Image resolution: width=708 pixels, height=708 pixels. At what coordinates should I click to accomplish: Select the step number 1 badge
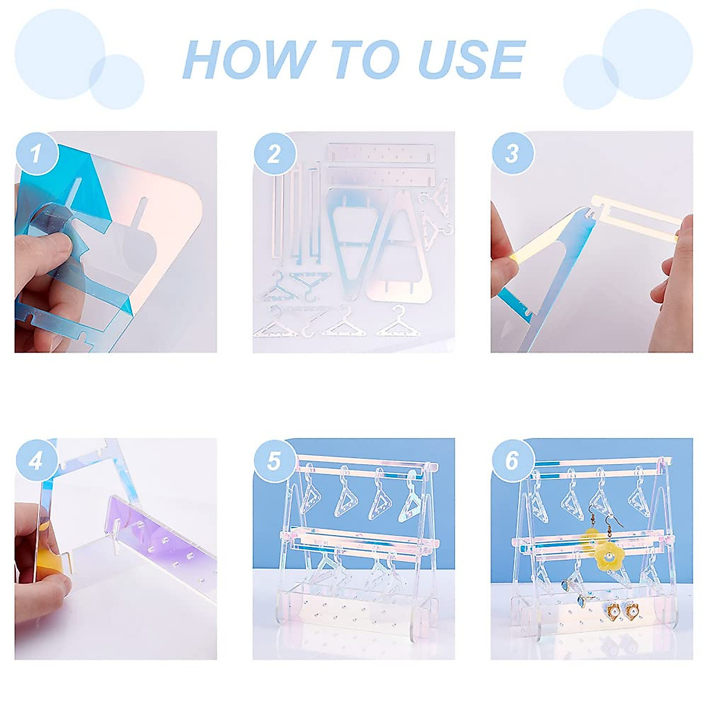[36, 153]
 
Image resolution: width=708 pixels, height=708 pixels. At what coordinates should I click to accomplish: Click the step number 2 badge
[274, 153]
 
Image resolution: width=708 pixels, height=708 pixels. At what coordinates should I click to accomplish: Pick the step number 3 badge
[512, 153]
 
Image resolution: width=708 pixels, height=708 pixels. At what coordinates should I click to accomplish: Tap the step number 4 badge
[36, 460]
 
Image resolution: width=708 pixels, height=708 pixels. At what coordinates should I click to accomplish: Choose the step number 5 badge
[274, 460]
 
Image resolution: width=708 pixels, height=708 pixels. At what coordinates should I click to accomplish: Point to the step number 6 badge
[512, 460]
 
